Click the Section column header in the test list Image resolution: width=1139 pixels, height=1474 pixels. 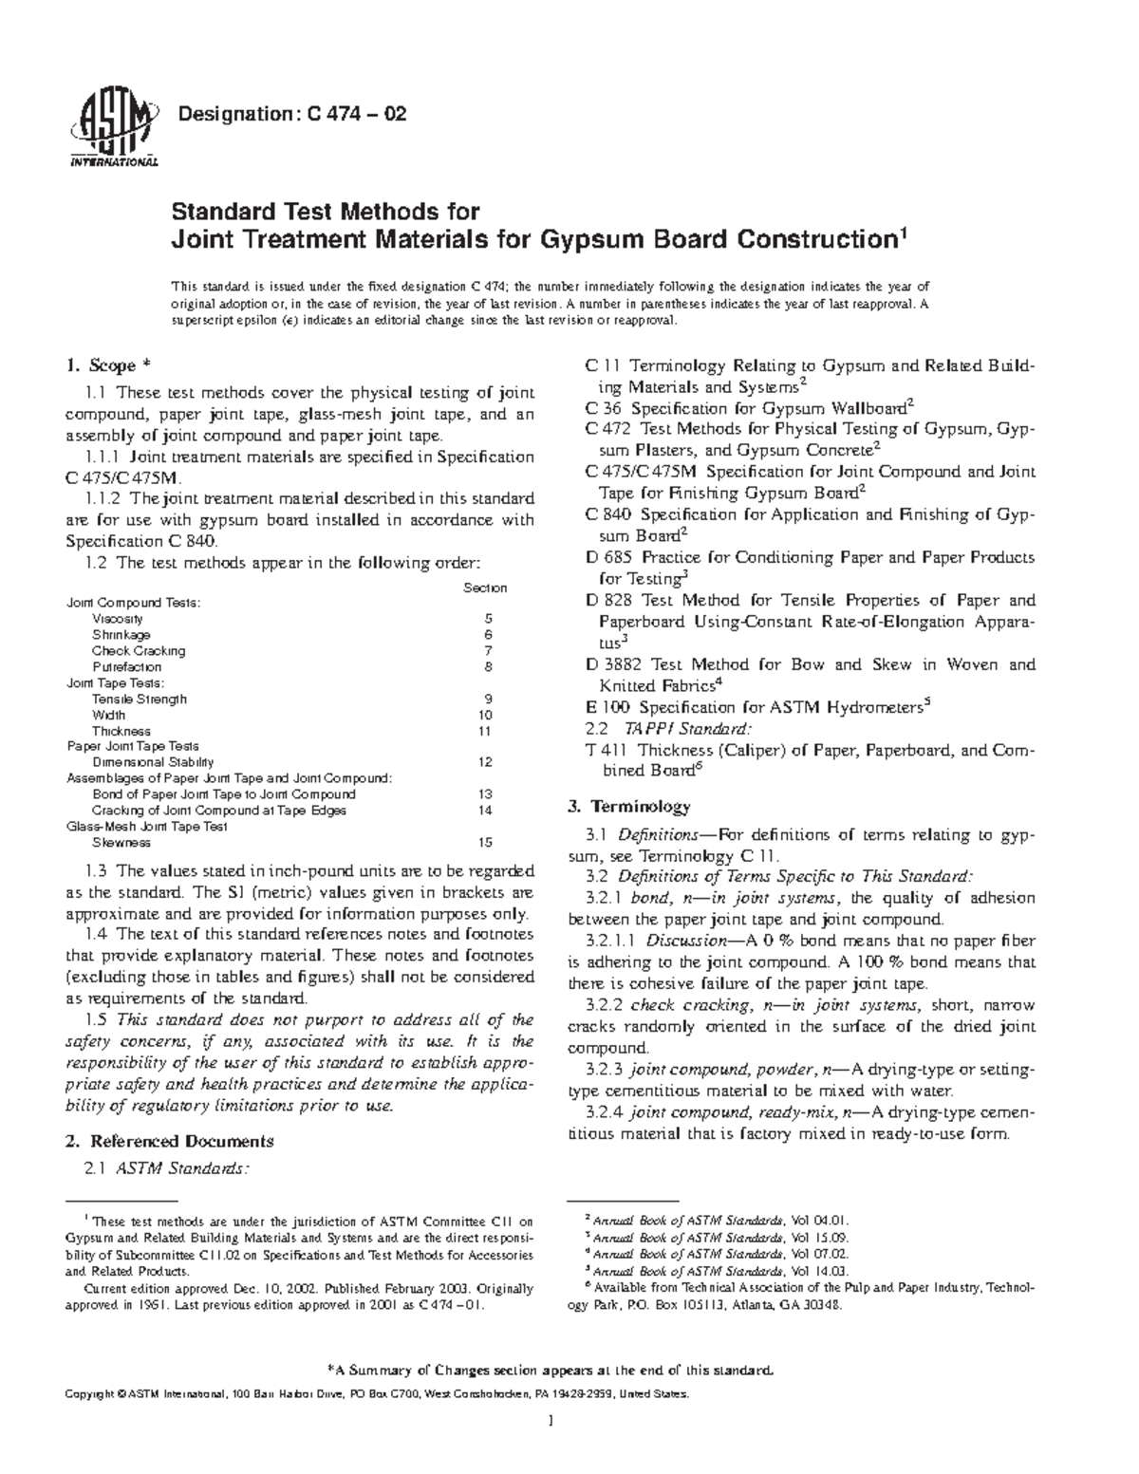(484, 588)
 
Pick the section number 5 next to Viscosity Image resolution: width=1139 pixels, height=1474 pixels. (488, 619)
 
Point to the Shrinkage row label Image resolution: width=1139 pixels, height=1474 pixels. (121, 635)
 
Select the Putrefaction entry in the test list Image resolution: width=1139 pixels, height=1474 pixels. (126, 667)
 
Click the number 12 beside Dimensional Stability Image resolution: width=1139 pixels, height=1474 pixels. (486, 762)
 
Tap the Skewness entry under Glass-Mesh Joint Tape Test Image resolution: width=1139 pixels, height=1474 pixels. (121, 842)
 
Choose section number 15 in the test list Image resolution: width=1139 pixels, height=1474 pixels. (486, 842)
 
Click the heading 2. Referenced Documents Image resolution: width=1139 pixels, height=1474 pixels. (169, 1141)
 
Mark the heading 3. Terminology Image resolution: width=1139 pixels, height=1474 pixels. (628, 807)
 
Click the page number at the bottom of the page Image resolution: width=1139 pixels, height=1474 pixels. (551, 1421)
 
